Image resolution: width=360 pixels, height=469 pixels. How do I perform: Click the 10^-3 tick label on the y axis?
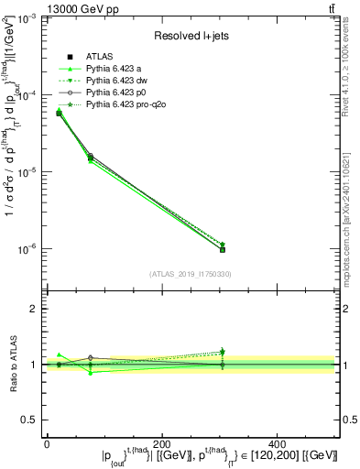pos(28,18)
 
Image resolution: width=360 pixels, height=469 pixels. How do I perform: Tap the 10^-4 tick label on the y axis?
pos(28,95)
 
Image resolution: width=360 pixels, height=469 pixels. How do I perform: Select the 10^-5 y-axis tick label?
pos(28,172)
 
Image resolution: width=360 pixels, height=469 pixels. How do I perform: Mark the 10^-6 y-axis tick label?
pos(28,249)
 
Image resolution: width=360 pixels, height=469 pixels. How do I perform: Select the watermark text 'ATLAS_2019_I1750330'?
pos(190,274)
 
